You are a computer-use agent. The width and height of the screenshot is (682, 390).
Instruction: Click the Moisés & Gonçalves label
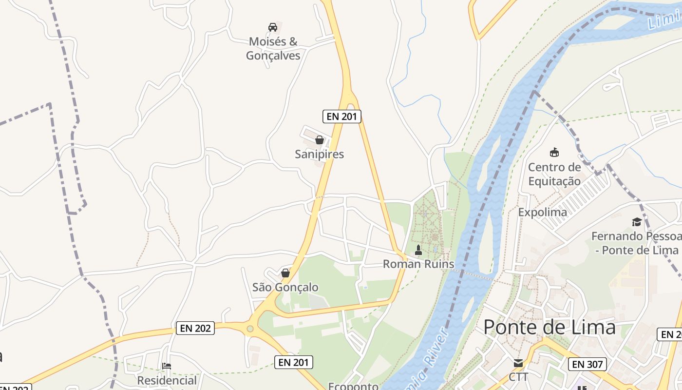273,48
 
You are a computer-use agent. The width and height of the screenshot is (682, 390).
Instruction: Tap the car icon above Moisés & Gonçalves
273,27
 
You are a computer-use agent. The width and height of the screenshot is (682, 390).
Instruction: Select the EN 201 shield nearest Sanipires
341,117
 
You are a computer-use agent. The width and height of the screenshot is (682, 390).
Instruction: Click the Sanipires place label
319,154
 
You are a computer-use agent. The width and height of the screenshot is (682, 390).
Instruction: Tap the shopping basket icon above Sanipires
320,140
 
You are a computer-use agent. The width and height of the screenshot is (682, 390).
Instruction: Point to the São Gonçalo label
285,287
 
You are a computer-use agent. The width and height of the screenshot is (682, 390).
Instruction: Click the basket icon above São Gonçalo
285,273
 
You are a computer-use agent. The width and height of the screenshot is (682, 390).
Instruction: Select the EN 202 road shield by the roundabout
195,328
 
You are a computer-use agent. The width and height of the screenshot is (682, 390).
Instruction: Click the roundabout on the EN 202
250,329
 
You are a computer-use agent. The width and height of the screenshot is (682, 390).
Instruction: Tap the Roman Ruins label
418,264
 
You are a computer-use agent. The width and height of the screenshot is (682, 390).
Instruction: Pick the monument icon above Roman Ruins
418,250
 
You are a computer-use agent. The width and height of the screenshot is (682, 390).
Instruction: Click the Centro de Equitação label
554,174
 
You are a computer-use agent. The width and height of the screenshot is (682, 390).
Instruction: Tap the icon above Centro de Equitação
554,153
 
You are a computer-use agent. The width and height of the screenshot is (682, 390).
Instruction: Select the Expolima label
542,212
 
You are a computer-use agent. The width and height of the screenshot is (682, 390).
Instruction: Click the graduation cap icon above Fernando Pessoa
637,222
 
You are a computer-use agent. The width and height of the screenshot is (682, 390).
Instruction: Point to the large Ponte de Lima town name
549,327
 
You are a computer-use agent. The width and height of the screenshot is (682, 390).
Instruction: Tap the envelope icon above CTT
518,363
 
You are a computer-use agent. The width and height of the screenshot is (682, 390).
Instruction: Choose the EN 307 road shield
587,364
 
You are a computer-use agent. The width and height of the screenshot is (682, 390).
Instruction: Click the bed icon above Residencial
167,366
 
